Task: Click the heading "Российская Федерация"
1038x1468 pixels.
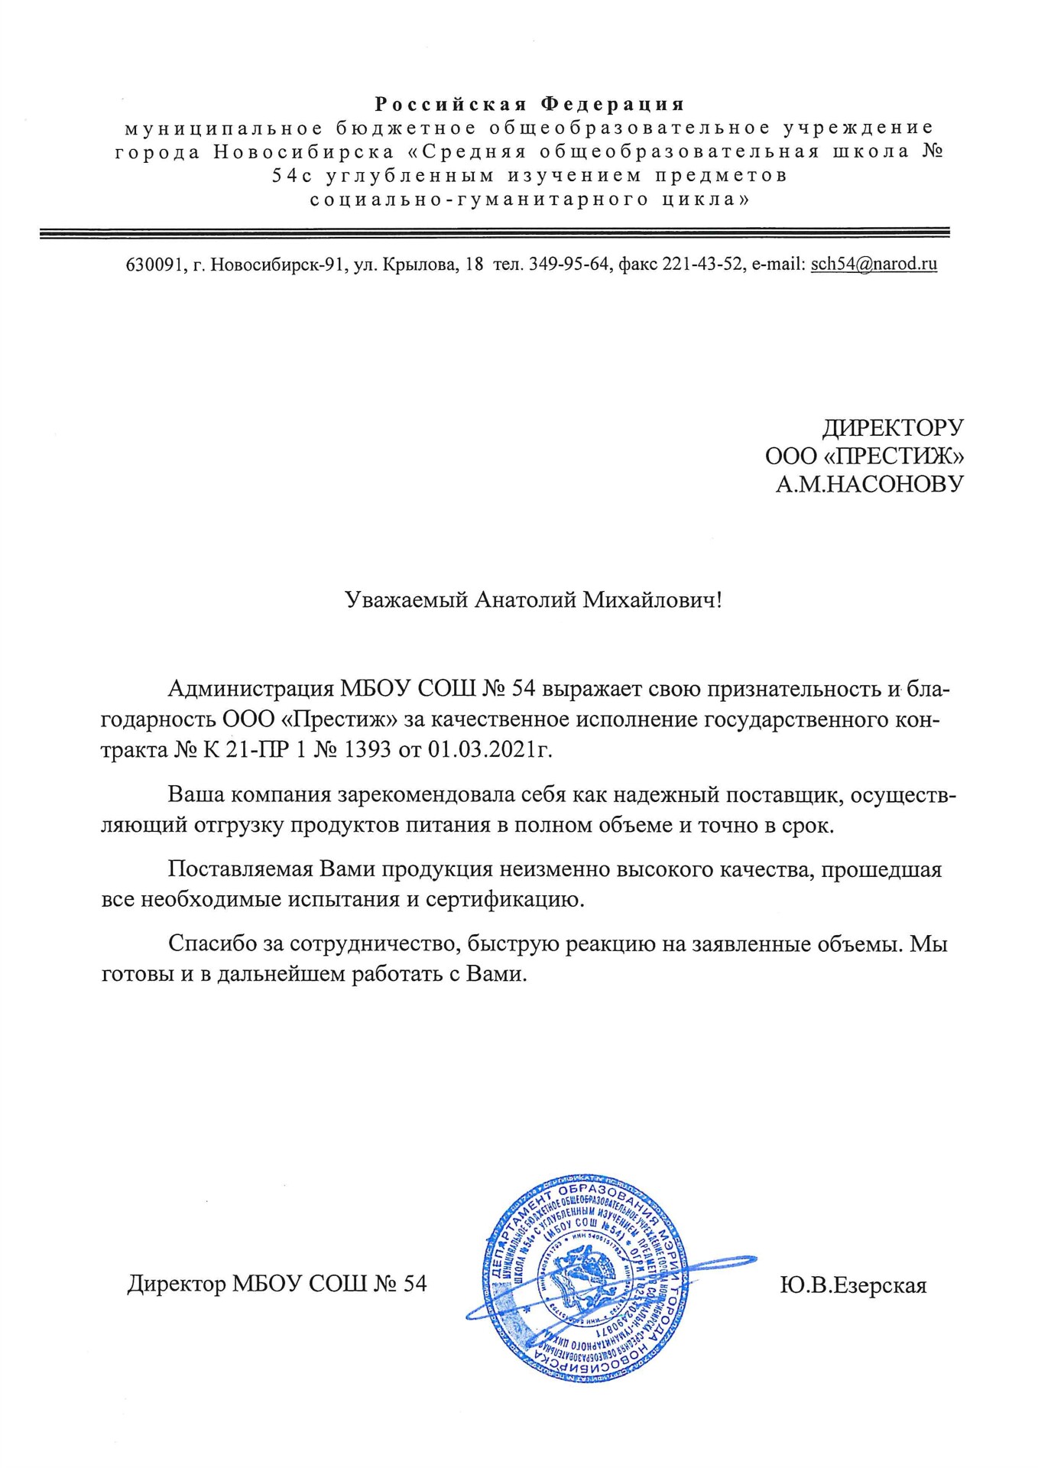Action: click(x=529, y=104)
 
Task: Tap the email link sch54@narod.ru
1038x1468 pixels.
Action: click(x=874, y=265)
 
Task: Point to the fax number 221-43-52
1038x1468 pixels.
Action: click(x=702, y=265)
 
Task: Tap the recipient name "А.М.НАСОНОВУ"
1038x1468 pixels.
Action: click(x=869, y=484)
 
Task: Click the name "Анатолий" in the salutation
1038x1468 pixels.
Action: click(x=525, y=600)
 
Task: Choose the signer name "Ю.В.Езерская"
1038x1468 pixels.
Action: click(x=853, y=1284)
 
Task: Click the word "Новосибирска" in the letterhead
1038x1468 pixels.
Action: click(x=304, y=151)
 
